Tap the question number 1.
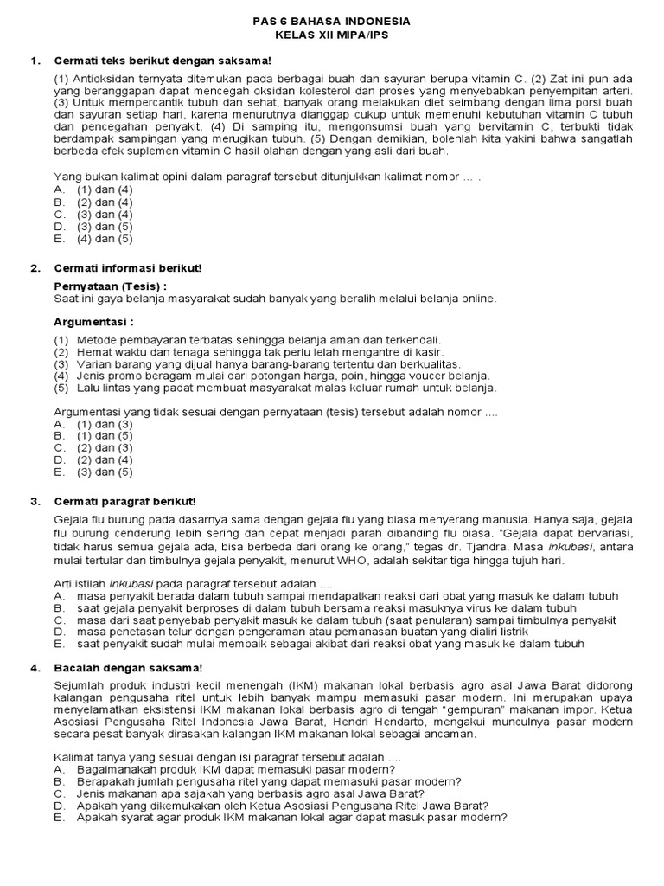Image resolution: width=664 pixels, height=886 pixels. (x=35, y=60)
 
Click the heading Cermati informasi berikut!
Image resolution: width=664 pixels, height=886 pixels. (x=127, y=268)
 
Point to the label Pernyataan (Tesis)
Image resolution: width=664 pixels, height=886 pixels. (x=109, y=286)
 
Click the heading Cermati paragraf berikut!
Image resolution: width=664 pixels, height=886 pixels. (x=125, y=501)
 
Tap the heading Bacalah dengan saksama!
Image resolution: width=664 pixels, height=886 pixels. (x=128, y=667)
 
